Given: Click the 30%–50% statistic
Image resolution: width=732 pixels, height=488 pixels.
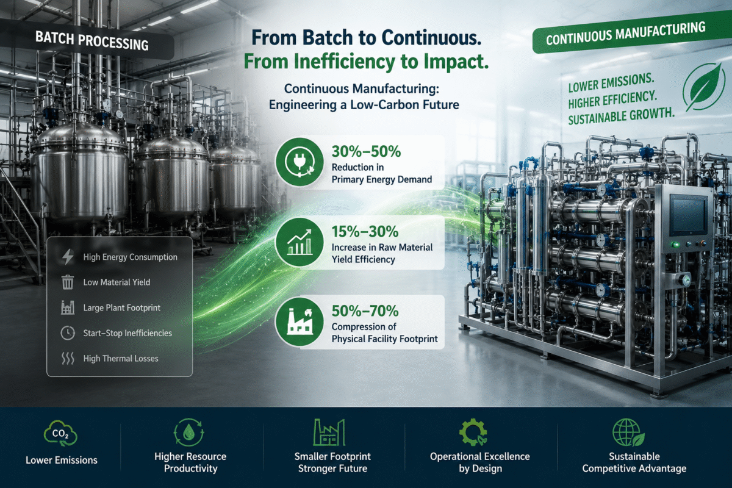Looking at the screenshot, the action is tap(366, 151).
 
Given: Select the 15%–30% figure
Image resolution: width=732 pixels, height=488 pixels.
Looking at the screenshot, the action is tap(365, 231).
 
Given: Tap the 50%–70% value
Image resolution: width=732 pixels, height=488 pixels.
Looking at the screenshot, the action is tap(365, 311).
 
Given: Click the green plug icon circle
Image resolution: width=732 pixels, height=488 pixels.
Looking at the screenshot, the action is tap(300, 162).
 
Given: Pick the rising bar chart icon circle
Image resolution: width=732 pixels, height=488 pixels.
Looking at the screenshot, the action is tap(300, 242).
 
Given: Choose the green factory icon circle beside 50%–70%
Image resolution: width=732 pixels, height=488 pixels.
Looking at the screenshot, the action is tap(300, 322).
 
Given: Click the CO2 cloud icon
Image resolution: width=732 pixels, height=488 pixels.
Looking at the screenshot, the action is tap(60, 434).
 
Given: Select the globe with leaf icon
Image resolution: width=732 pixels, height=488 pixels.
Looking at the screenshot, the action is tap(628, 432).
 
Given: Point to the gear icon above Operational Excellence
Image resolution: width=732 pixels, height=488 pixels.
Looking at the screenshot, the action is tap(473, 432).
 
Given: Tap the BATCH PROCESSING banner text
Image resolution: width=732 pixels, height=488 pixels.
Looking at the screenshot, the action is tap(92, 41).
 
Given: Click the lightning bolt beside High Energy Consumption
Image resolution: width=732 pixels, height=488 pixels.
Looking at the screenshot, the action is tap(68, 257).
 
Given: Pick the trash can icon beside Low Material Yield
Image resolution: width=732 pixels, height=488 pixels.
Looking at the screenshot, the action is tap(68, 282).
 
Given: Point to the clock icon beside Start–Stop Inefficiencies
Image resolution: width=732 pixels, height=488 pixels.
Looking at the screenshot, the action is tap(68, 333).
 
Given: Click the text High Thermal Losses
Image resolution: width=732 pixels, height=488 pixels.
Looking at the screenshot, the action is tap(121, 359).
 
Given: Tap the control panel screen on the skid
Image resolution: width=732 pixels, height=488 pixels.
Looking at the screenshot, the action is tap(689, 215).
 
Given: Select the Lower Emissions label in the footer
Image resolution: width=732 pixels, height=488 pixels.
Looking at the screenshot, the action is tap(62, 460).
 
